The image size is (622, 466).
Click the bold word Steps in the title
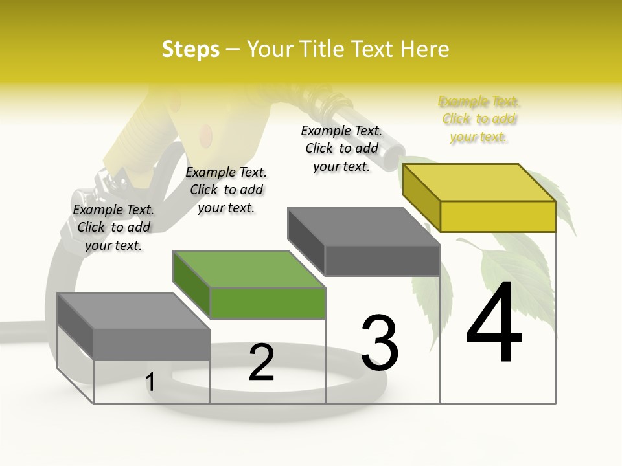click(190, 49)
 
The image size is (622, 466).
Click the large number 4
click(494, 324)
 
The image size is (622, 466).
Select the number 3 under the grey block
click(380, 344)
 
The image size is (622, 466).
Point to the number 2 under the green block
click(261, 362)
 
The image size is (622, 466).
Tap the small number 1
click(150, 383)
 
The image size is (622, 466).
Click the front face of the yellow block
click(498, 216)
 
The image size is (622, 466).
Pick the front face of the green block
click(268, 304)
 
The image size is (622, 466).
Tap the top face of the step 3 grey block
click(363, 226)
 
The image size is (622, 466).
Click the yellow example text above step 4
click(479, 119)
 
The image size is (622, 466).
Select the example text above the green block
click(226, 190)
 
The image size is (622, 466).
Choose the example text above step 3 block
click(341, 148)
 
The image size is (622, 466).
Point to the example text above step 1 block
click(113, 227)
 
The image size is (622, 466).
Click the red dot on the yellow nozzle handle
click(205, 135)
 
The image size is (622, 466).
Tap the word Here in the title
click(424, 49)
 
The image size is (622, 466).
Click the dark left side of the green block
click(191, 285)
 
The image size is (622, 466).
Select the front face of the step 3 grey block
click(382, 261)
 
